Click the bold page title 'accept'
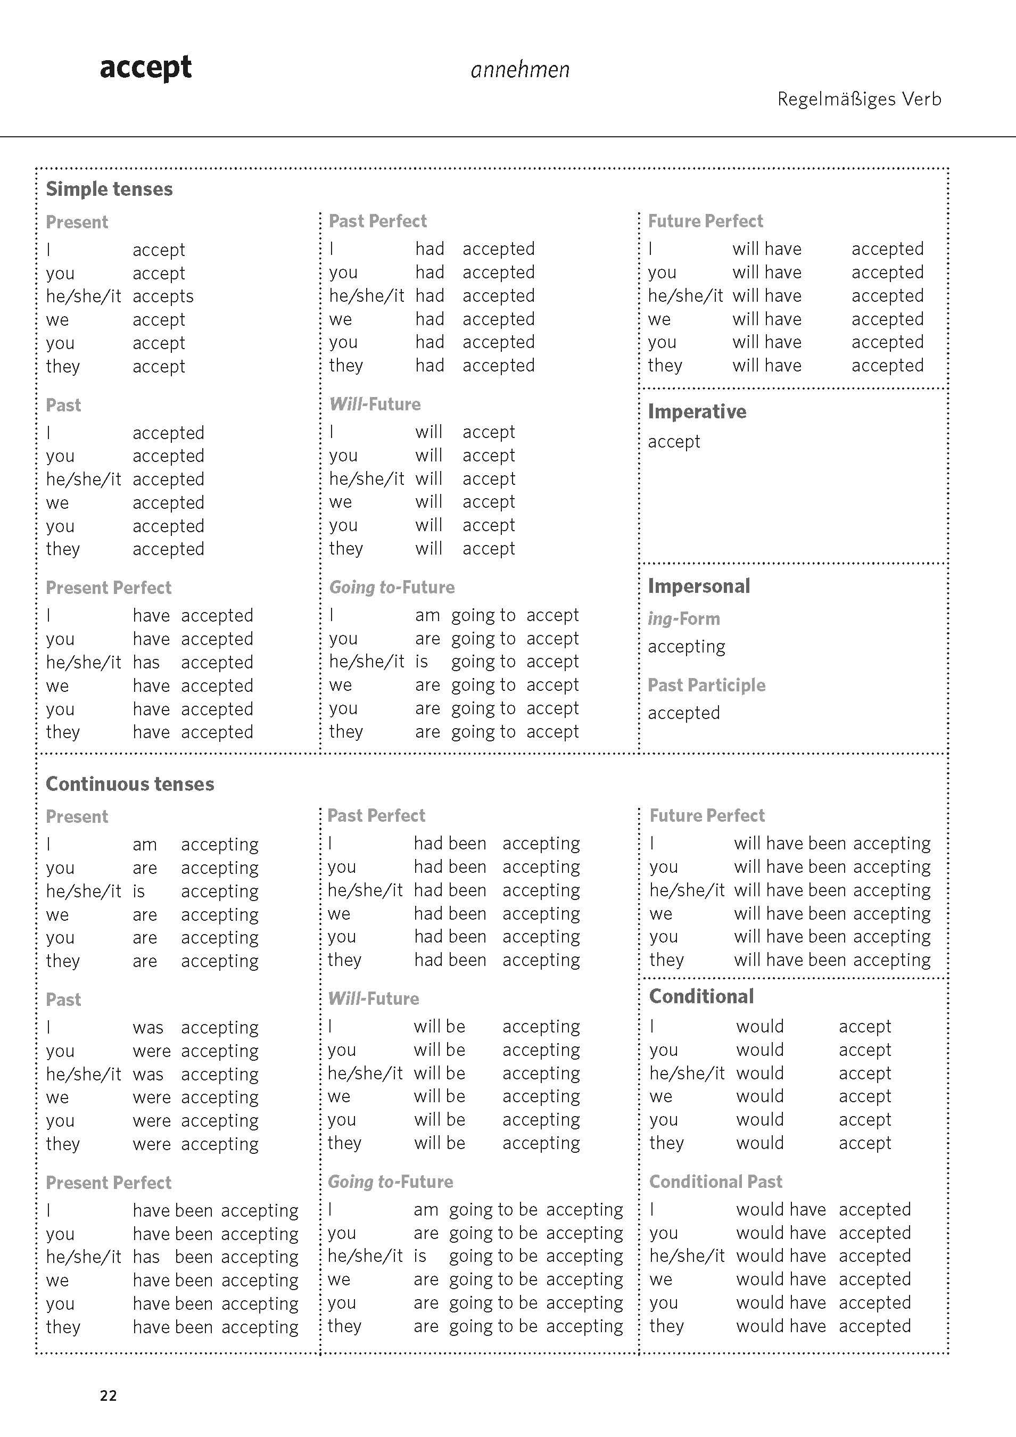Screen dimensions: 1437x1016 [145, 68]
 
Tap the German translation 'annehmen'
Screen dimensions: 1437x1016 [519, 70]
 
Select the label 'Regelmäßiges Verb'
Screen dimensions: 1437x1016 [859, 99]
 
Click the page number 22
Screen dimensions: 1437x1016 [108, 1395]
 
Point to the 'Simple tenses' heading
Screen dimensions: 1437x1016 [109, 189]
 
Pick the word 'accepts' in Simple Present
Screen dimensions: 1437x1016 [163, 296]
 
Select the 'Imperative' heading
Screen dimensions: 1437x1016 [697, 411]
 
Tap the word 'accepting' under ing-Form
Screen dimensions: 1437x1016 [686, 647]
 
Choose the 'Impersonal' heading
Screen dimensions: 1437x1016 [699, 586]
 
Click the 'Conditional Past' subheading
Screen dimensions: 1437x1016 [715, 1181]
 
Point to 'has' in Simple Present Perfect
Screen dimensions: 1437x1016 [146, 662]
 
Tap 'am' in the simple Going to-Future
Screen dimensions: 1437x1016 [427, 615]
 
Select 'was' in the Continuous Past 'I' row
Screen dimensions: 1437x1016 [148, 1028]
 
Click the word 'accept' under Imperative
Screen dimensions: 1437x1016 [674, 442]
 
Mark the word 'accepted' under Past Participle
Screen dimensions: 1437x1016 [683, 713]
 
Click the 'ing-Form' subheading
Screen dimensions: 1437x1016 [683, 618]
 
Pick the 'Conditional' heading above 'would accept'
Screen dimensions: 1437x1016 [701, 996]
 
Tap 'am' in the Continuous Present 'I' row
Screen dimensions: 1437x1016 [145, 845]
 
